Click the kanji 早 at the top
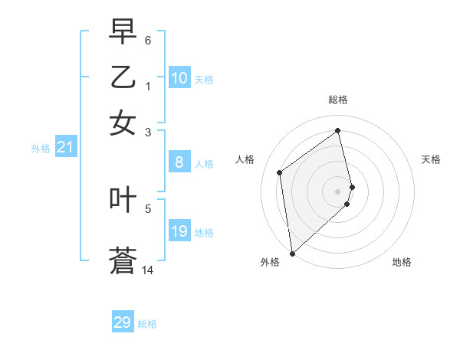click(x=123, y=31)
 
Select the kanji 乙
click(x=123, y=77)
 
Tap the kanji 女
click(x=123, y=123)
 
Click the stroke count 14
click(x=148, y=270)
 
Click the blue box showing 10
click(x=179, y=78)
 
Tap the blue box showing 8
click(x=179, y=162)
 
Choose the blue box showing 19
click(x=179, y=231)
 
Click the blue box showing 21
click(x=65, y=148)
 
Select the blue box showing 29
click(x=123, y=322)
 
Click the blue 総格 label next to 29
click(x=147, y=324)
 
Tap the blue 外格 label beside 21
click(x=41, y=149)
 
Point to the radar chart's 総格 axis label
click(x=338, y=100)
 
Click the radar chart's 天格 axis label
click(x=432, y=159)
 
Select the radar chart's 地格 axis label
click(x=402, y=262)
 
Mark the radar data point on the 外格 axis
click(x=292, y=253)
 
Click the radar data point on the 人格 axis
click(x=280, y=172)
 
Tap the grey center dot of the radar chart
click(x=338, y=191)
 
